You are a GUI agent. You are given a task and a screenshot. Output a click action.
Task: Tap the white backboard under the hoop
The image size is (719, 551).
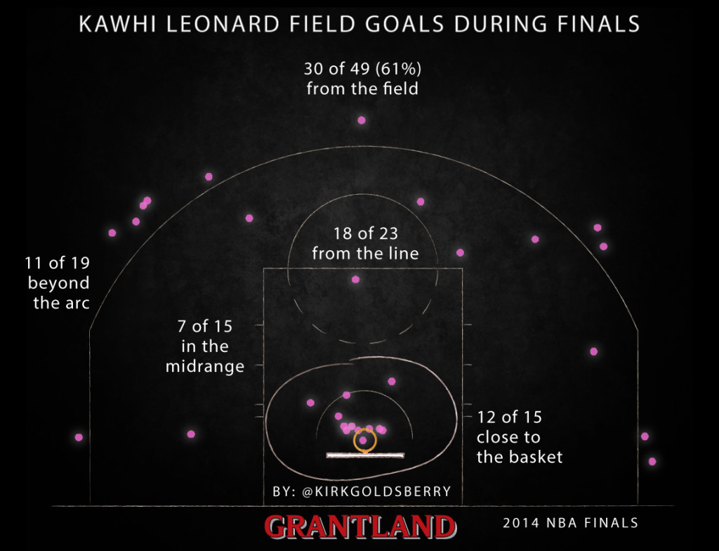[x=365, y=455]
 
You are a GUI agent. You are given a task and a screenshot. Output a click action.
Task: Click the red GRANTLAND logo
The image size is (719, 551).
[x=360, y=526]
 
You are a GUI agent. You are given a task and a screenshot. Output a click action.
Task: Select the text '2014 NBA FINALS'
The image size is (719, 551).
[x=570, y=523]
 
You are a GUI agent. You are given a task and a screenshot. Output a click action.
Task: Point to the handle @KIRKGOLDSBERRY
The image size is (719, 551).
[x=377, y=491]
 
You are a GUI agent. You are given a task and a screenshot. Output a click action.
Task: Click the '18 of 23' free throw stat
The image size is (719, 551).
[x=365, y=234]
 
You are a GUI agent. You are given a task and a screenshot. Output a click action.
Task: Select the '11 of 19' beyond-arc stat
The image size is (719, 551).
[x=57, y=263]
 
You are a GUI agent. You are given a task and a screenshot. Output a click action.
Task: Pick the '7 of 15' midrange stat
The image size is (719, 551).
[x=205, y=327]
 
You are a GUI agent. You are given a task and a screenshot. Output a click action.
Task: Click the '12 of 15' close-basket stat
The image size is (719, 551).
[x=510, y=417]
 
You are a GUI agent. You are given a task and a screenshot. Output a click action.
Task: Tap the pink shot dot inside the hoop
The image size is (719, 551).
[x=363, y=440]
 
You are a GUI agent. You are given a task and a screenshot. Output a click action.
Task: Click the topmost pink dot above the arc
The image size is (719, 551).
[x=362, y=120]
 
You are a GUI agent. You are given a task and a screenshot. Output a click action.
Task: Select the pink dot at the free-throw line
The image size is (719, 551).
[x=355, y=279]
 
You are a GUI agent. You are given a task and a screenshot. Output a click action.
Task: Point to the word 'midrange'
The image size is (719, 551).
[x=205, y=366]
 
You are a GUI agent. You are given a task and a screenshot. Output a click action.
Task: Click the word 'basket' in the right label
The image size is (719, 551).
[x=534, y=458]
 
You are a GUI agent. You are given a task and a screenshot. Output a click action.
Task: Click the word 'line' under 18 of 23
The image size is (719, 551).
[x=404, y=254]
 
